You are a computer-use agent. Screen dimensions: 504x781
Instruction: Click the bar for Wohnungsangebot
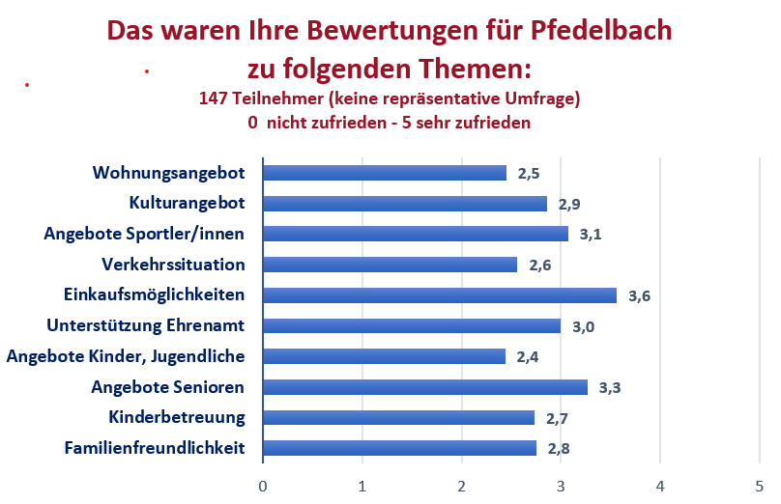384,173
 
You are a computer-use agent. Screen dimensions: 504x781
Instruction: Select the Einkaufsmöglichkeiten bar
439,295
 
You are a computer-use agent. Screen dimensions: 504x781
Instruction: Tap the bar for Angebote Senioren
424,387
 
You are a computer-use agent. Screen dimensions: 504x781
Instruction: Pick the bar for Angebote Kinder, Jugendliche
384,356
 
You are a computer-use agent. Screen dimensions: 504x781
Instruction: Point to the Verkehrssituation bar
390,265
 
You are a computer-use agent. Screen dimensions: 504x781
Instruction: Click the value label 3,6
639,296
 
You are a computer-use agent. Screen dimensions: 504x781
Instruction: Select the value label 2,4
528,357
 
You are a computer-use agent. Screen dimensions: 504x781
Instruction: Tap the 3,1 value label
591,235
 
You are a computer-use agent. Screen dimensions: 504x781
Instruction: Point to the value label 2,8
559,449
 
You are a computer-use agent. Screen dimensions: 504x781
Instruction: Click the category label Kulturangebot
187,203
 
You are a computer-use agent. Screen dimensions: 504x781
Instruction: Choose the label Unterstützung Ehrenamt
146,325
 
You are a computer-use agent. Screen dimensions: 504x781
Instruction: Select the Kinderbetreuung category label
177,417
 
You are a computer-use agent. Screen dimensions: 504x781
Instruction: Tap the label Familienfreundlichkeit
155,448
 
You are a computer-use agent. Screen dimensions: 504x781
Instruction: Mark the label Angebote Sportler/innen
144,234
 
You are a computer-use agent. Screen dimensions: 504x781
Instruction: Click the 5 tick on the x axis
759,485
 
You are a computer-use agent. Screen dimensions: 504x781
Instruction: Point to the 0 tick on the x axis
263,485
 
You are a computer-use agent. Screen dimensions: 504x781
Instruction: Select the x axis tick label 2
461,485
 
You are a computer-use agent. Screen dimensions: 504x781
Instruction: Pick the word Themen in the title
476,69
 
